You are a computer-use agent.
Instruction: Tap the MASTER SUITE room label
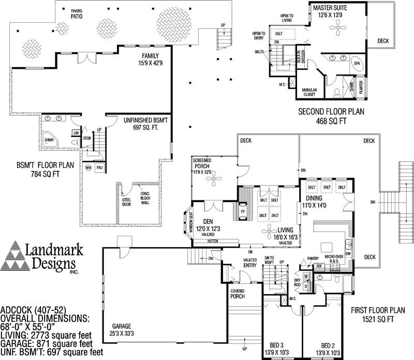(x=330, y=11)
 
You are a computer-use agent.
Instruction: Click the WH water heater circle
(x=88, y=168)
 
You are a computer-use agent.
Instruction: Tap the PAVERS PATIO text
(x=77, y=13)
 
